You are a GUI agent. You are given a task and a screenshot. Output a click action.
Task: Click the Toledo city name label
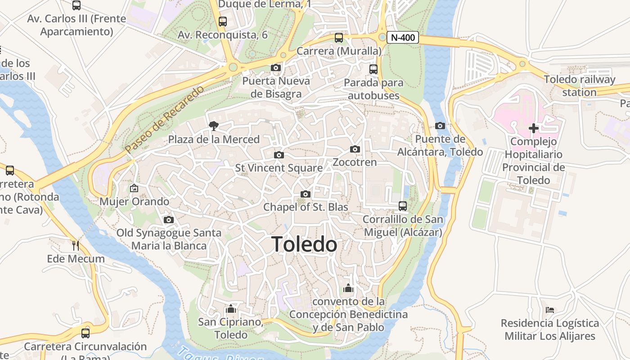305,244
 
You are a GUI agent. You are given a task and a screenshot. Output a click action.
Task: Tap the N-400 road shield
402,38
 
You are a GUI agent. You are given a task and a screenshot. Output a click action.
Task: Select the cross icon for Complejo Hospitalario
533,128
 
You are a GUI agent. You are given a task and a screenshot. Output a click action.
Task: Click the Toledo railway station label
579,86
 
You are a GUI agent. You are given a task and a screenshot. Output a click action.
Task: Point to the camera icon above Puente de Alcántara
440,126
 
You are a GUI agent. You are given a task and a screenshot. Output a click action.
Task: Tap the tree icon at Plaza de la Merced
214,126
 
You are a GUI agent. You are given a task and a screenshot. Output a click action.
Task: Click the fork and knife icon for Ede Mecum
76,245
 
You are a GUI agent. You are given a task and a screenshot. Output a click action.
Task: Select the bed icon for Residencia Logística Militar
549,310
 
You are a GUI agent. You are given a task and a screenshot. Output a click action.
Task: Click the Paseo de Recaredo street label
164,119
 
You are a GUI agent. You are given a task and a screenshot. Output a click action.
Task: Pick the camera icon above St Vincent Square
279,155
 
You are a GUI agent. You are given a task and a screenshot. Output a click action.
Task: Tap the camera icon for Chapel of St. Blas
306,194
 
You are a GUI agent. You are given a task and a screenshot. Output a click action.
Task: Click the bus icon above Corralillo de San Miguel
403,206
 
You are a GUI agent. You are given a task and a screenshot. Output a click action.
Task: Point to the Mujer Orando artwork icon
134,188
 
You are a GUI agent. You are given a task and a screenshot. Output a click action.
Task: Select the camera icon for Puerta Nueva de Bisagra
276,68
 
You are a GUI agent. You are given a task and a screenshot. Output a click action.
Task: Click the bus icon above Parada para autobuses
373,69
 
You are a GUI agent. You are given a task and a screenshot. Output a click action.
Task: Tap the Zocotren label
355,162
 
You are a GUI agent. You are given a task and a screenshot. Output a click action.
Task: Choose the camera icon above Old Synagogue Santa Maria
169,220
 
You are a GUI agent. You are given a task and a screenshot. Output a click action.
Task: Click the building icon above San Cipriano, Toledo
231,309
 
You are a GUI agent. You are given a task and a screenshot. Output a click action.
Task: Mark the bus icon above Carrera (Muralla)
339,38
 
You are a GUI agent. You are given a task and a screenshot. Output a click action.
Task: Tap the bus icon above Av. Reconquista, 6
222,21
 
